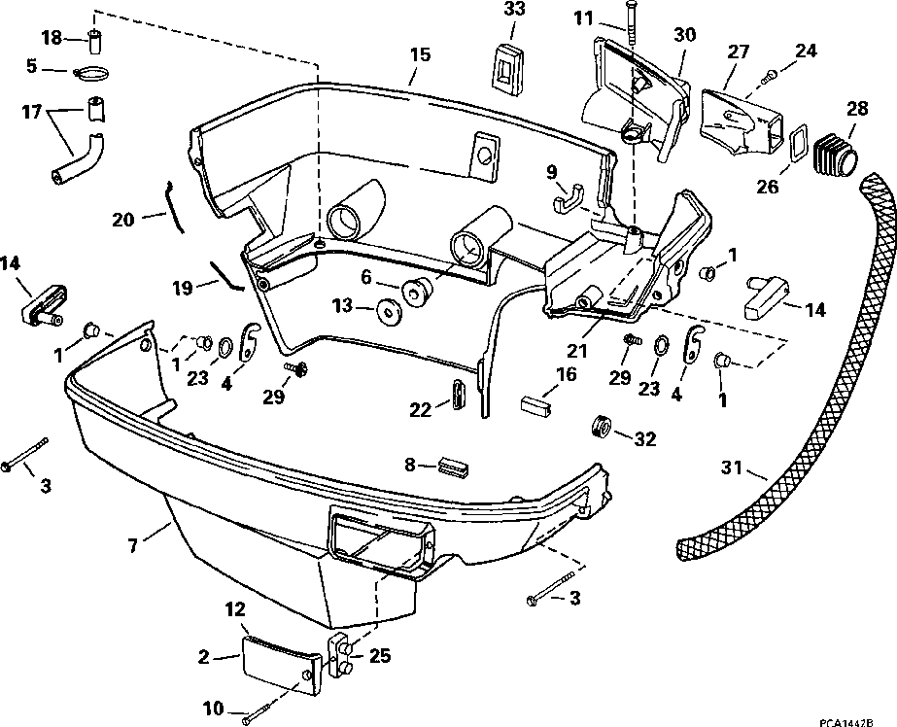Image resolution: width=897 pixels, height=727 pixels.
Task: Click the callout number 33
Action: click(x=513, y=10)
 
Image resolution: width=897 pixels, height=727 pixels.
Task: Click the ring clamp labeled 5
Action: click(x=90, y=73)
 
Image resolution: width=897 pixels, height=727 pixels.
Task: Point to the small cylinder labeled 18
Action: click(x=94, y=41)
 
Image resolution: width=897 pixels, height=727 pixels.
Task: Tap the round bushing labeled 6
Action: click(x=418, y=290)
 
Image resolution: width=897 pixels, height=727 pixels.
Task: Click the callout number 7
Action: click(x=133, y=545)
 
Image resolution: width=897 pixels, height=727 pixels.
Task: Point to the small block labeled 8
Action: click(x=454, y=467)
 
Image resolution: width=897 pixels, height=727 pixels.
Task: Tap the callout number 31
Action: click(x=732, y=467)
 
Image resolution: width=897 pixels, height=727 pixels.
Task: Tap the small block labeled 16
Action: click(x=536, y=404)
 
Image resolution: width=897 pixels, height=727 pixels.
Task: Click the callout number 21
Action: click(x=576, y=350)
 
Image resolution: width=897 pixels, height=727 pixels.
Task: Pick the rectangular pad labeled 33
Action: click(x=507, y=66)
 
